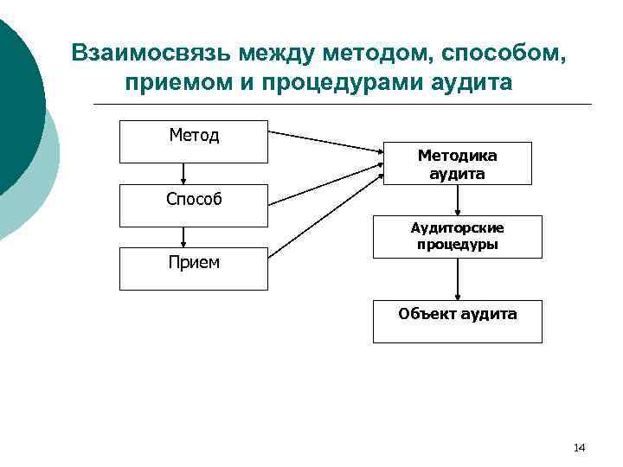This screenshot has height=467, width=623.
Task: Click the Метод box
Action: coord(194,142)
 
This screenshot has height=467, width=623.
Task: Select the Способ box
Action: coord(194,205)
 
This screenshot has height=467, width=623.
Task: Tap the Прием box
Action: coord(194,268)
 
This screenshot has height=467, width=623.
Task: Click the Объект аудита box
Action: coord(457,321)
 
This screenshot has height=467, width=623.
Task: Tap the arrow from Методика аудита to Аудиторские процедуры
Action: coord(458,200)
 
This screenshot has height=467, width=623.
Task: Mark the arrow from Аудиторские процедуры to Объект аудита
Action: coord(458,278)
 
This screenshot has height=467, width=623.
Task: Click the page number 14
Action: coord(579,447)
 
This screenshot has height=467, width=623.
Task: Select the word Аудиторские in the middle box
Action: coord(458,228)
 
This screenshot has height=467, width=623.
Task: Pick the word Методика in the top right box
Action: coord(457,156)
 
